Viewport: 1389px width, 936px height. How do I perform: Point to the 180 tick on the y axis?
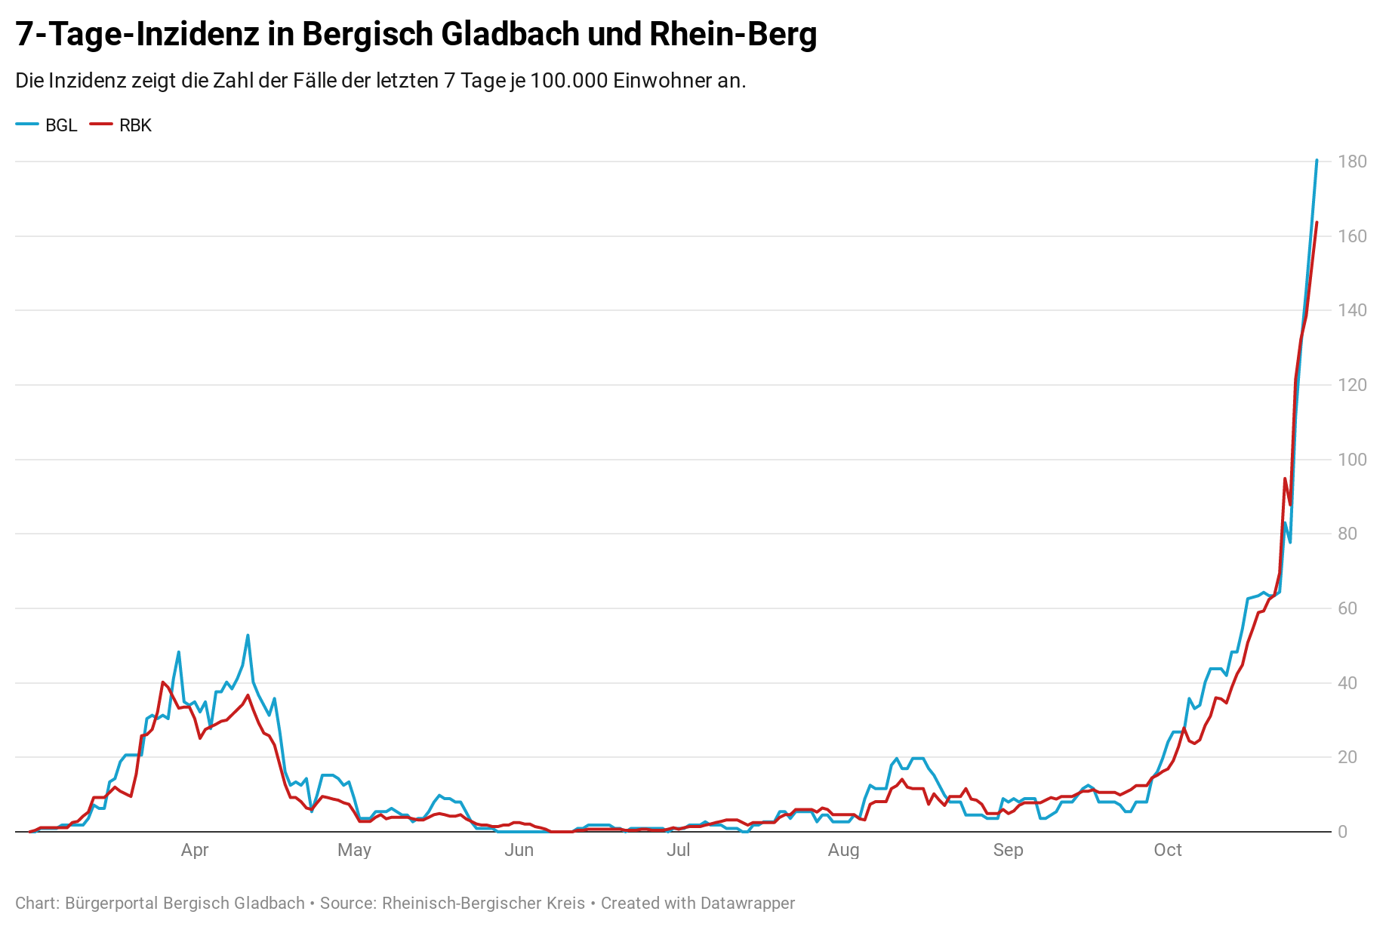[1352, 162]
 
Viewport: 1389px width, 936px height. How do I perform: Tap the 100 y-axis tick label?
[1352, 460]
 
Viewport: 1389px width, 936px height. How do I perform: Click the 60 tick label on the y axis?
[1347, 608]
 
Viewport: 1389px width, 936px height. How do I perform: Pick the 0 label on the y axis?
[1343, 832]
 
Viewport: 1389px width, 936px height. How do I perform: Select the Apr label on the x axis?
[195, 850]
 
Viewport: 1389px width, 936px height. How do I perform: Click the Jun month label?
[519, 850]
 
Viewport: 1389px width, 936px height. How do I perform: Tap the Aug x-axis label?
[843, 850]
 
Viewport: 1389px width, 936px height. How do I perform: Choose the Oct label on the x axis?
[1168, 850]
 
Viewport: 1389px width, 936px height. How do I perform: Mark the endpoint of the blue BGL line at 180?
[1317, 160]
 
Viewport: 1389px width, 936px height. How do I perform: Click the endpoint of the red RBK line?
[1317, 222]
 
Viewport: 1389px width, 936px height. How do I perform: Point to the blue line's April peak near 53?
[248, 635]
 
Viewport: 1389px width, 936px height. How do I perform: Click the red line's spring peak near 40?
[162, 682]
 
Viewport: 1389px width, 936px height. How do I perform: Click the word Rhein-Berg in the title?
[734, 35]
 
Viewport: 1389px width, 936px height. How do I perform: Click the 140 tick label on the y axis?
[1352, 310]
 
